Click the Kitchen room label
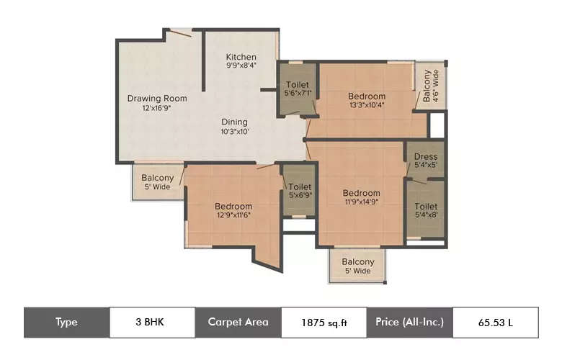[x=241, y=57]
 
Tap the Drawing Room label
[x=157, y=99]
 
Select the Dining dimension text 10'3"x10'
[x=234, y=132]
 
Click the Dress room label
[x=425, y=157]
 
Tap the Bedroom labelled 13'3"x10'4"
[x=367, y=101]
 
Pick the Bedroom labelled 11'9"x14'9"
[x=361, y=197]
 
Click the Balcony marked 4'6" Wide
[x=428, y=86]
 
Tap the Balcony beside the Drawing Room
[x=157, y=182]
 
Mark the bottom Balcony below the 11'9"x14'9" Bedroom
[x=358, y=266]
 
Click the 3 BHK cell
[x=152, y=322]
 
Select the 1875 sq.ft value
[x=323, y=322]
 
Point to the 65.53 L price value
[x=495, y=322]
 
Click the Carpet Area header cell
[x=238, y=322]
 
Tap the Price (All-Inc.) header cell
[x=409, y=322]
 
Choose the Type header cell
[x=66, y=322]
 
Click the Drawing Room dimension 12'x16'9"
[x=157, y=108]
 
